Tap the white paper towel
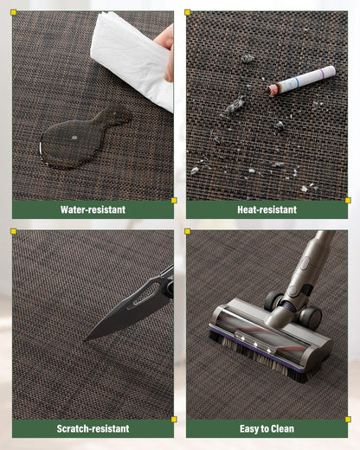pos(132,58)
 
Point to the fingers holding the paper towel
pos(166,50)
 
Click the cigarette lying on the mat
pos(302,80)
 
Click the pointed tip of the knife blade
pos(84,341)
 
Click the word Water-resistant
pos(93,209)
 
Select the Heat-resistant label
pos(267,209)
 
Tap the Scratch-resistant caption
pos(93,428)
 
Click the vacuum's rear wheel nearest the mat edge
pos(311,318)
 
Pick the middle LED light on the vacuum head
pos(255,344)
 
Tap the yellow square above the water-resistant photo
pos(13,12)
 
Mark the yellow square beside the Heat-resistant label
pos(348,201)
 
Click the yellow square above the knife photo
pos(13,231)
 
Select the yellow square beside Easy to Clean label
pos(348,420)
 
